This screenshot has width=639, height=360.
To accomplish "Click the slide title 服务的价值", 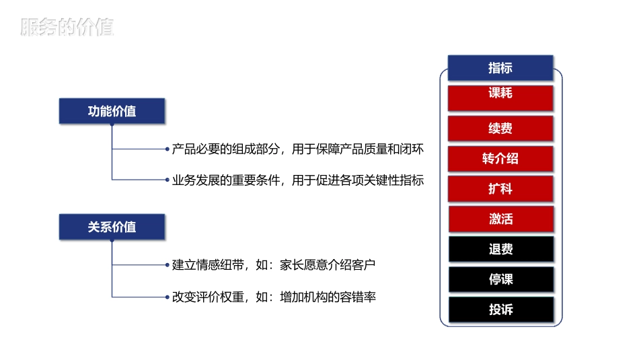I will click(67, 27).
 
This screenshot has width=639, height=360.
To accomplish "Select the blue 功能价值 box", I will click(112, 111).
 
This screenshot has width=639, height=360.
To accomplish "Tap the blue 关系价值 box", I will click(112, 227).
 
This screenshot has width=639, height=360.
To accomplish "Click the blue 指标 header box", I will click(500, 67).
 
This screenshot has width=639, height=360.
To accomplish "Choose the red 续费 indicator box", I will click(500, 128).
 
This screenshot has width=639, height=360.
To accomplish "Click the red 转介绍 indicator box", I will click(500, 159).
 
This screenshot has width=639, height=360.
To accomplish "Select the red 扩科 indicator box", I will click(500, 189).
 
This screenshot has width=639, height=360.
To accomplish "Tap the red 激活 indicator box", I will click(500, 219).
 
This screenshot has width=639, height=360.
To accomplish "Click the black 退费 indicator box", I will click(500, 250).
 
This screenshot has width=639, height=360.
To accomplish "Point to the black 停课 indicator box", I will click(500, 279).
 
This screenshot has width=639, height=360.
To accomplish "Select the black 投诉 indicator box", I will click(500, 310).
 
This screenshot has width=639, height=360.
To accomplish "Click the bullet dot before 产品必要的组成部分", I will click(167, 149).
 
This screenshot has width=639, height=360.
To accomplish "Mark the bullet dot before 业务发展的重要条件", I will click(167, 180).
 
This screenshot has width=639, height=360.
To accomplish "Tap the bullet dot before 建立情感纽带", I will click(167, 264).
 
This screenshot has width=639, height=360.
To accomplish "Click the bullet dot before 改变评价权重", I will click(167, 296).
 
